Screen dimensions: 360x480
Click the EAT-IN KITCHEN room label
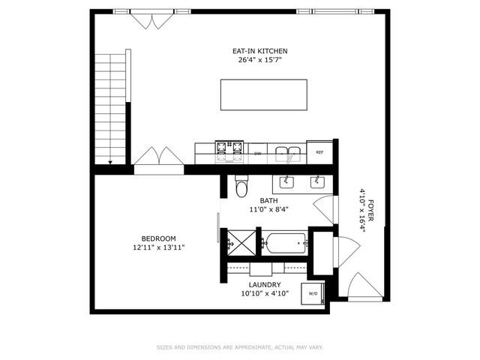(259, 51)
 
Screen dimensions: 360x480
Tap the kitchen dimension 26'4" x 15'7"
(259, 60)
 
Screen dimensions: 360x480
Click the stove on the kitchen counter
(230, 151)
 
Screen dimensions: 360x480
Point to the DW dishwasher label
(257, 153)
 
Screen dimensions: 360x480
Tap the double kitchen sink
(288, 154)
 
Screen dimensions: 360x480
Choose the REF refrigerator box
(319, 152)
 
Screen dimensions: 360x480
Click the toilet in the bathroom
(241, 187)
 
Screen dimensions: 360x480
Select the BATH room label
(268, 200)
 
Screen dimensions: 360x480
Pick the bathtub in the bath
(285, 243)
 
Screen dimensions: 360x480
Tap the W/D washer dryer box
(313, 293)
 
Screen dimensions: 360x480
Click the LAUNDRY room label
(265, 285)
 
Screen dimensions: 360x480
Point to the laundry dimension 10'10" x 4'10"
(265, 294)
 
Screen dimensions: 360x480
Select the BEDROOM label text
(158, 238)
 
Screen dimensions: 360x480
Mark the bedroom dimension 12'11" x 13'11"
(158, 247)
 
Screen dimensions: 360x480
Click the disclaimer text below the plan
(239, 347)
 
